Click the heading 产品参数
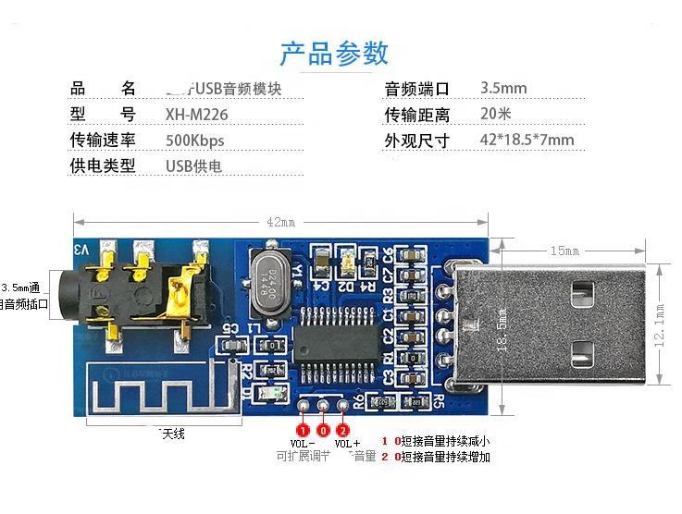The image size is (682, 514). [x=334, y=53]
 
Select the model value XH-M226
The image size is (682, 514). [x=196, y=115]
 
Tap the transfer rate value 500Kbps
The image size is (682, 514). [x=194, y=141]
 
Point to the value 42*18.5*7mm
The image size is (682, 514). [x=527, y=141]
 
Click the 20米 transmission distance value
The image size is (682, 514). [x=496, y=115]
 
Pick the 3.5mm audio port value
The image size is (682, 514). [x=503, y=89]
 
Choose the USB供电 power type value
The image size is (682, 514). [x=193, y=166]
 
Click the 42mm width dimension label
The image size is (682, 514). [x=280, y=222]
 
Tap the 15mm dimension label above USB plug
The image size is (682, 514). [x=564, y=251]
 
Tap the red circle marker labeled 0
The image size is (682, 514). [x=323, y=430]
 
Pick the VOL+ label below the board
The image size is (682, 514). [x=347, y=444]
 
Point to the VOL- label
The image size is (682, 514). [x=302, y=444]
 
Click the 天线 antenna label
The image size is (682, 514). [x=172, y=434]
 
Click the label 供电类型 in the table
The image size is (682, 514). [x=103, y=166]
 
